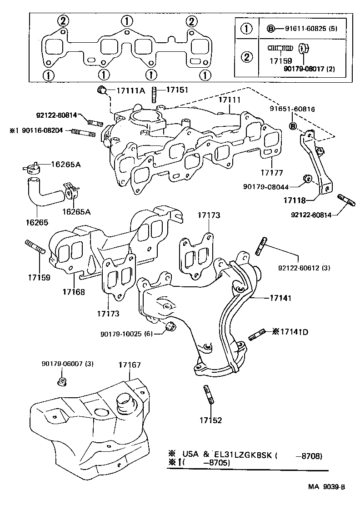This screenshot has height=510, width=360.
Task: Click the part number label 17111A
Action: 130,90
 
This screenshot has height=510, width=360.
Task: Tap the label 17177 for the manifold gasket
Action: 272,173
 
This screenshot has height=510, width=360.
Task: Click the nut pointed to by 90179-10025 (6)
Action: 171,326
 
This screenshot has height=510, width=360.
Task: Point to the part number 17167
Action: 130,365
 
